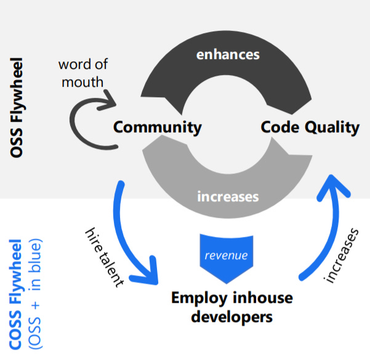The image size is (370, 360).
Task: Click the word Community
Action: (157, 127)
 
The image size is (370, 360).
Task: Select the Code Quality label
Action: (310, 127)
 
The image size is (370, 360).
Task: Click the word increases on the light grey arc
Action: (227, 197)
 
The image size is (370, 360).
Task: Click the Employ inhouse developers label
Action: (231, 308)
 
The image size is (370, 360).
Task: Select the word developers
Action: (231, 317)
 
